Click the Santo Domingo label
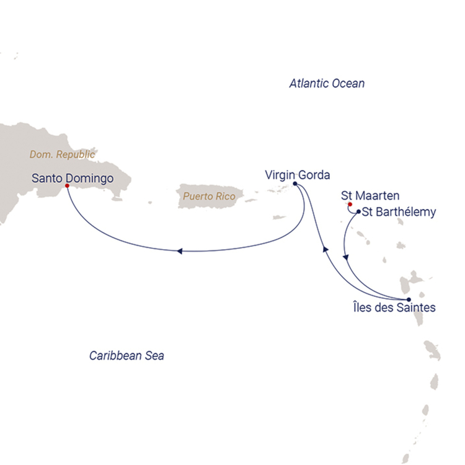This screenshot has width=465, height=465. click(x=72, y=179)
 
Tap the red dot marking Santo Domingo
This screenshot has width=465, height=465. click(x=67, y=184)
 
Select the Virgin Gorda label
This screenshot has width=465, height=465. click(x=296, y=174)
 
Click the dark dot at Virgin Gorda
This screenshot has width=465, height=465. click(x=294, y=184)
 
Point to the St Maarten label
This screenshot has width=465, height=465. click(x=370, y=196)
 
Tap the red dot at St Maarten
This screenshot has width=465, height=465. click(x=350, y=204)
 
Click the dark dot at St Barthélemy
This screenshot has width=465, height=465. click(x=358, y=211)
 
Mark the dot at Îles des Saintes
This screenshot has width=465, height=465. click(x=408, y=299)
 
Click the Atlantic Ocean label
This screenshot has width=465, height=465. click(x=327, y=83)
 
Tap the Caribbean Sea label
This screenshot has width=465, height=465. click(x=126, y=356)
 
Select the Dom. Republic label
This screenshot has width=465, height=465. click(x=63, y=154)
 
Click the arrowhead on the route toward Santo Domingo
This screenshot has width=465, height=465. click(x=179, y=251)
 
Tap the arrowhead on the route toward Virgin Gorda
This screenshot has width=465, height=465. click(x=323, y=249)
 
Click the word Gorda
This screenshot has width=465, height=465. click(x=314, y=174)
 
